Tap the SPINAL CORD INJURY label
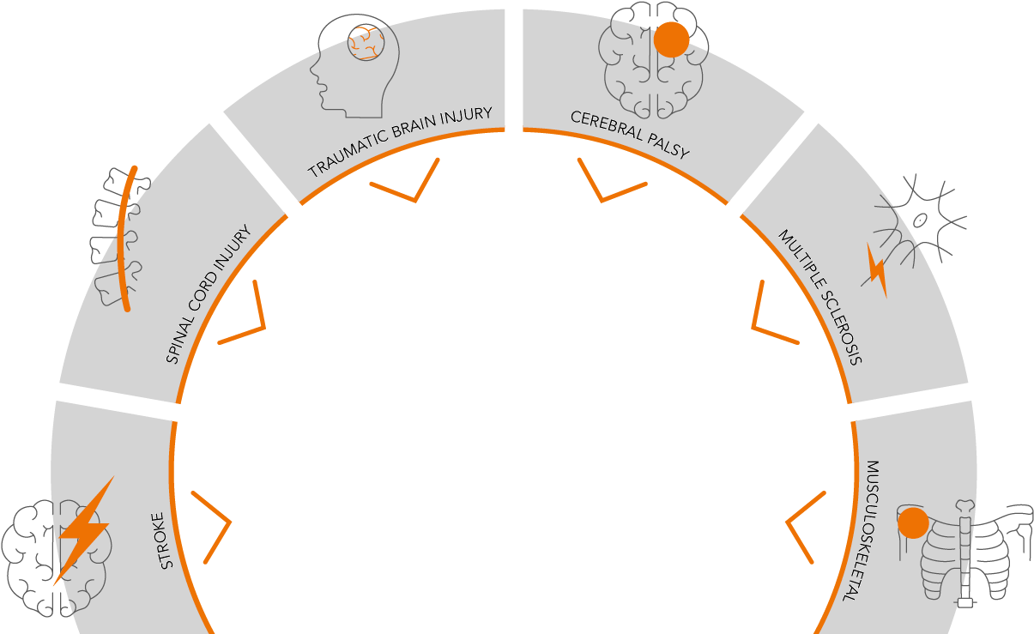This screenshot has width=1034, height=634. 209,294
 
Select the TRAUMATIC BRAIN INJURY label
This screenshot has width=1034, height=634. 400,142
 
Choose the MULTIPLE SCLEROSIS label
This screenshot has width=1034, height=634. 820,297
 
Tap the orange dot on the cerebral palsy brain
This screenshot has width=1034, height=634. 672,39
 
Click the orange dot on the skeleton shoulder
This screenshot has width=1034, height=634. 913,522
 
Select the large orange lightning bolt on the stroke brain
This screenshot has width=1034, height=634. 84,531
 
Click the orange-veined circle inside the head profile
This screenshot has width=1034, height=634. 366,42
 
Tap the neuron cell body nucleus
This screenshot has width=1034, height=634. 920,220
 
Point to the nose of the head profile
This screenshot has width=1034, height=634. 311,72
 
